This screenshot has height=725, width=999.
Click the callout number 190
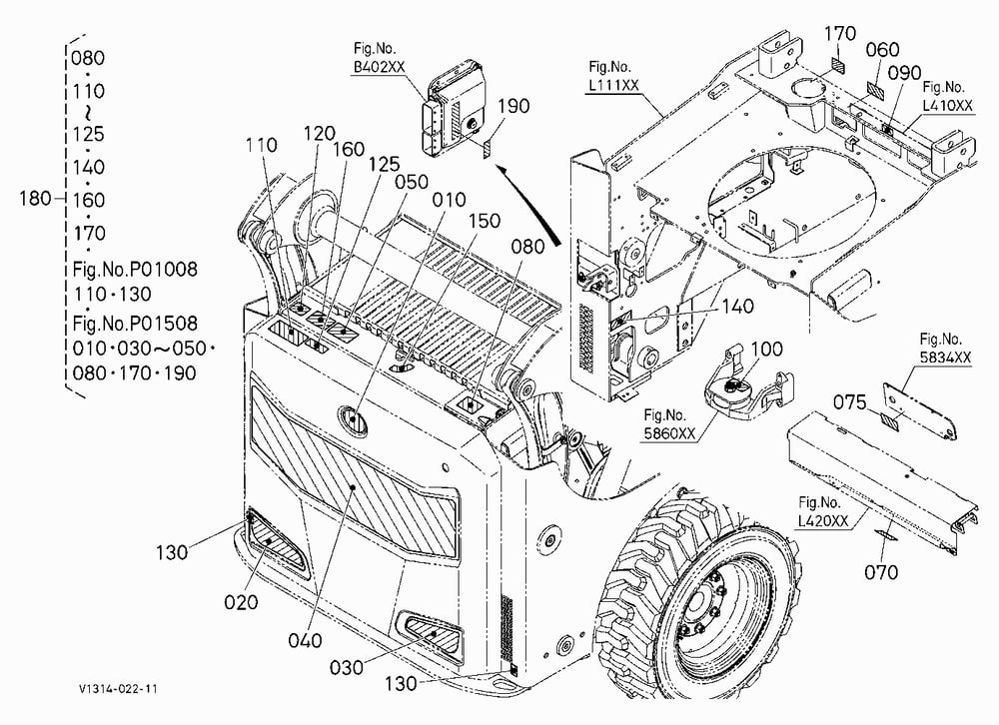513,106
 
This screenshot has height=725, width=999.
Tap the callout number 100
766,350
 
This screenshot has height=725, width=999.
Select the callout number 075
850,402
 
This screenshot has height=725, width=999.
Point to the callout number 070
880,572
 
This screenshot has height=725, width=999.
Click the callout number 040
305,640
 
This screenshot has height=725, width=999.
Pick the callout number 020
241,601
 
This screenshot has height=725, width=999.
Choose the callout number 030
346,667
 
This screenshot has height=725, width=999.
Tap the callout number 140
737,307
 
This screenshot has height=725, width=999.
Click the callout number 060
882,50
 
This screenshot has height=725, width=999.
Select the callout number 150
485,221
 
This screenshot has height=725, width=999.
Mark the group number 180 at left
35,198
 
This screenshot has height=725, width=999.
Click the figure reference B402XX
379,67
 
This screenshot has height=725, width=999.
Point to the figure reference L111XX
613,85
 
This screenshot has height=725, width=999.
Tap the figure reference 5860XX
669,433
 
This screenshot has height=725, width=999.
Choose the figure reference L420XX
823,520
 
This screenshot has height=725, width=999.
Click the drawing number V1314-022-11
118,689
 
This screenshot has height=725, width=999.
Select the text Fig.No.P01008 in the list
135,270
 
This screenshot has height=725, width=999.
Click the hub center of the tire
698,603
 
